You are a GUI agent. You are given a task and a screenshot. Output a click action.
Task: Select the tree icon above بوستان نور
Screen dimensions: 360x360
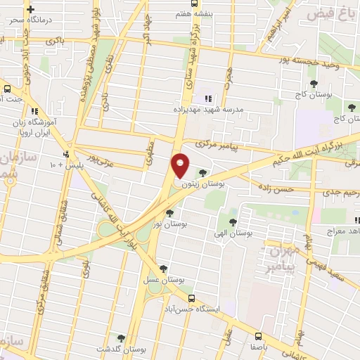click(169, 213)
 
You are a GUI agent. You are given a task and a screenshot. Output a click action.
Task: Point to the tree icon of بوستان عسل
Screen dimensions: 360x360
click(163, 268)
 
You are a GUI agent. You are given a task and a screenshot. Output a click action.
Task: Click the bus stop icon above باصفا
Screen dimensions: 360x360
click(258, 335)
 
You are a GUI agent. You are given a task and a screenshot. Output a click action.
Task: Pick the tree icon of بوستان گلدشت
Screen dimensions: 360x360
click(121, 338)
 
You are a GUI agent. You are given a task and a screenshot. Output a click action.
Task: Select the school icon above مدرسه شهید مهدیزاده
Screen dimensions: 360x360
click(207, 98)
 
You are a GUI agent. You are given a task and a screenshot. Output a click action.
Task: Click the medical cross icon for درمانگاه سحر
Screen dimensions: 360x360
click(30, 10)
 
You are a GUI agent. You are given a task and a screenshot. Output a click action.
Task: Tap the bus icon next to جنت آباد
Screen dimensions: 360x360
click(7, 89)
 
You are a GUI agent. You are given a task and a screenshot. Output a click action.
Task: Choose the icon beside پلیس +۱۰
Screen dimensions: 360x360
click(66, 154)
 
